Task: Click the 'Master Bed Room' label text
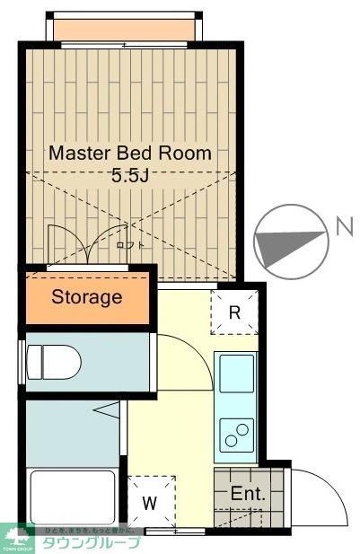(130, 153)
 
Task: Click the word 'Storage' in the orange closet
(86, 297)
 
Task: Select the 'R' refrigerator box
(233, 312)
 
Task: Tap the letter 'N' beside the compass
(343, 226)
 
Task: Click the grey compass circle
(289, 241)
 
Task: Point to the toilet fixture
(56, 363)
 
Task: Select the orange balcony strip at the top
(122, 30)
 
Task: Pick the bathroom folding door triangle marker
(108, 411)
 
